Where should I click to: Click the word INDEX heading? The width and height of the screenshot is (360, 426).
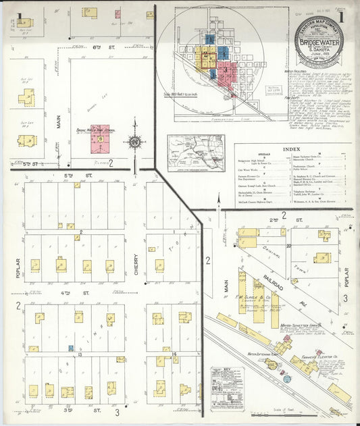tap(292, 149)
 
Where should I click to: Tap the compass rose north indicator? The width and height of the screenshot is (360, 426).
tap(134, 142)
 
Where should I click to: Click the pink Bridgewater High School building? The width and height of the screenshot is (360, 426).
tap(99, 138)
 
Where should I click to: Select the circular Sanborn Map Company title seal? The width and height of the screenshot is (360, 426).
tap(318, 42)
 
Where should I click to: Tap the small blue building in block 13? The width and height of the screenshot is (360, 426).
tap(70, 348)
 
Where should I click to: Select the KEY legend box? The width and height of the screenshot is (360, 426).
tap(226, 389)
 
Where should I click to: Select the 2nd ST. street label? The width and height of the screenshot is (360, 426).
tap(273, 220)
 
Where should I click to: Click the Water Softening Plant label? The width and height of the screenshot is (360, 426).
tap(263, 353)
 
